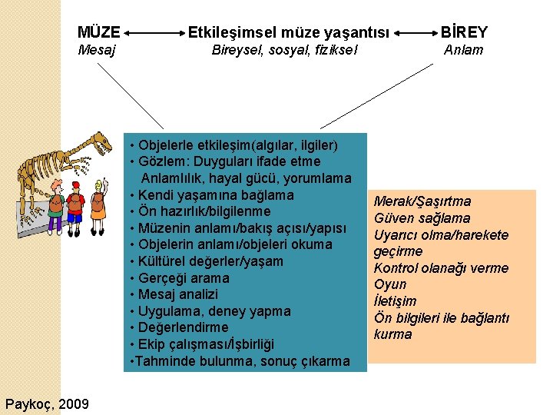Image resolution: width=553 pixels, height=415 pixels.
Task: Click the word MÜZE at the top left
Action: [x=99, y=33]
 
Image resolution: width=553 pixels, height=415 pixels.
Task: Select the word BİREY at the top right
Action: [x=463, y=33]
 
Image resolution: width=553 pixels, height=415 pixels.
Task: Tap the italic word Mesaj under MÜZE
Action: [x=98, y=51]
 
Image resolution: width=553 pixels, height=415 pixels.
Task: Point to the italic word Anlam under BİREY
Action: [x=464, y=51]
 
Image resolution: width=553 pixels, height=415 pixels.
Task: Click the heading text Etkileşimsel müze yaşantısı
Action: [x=290, y=33]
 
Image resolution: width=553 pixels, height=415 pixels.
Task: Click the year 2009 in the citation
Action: [x=73, y=404]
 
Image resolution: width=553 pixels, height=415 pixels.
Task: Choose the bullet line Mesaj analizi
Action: [x=177, y=294]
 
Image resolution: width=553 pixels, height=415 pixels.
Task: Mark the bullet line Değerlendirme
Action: [x=183, y=327]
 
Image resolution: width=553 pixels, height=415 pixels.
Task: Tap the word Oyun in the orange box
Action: [x=390, y=284]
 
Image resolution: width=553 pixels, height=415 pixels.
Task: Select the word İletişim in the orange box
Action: [x=396, y=301]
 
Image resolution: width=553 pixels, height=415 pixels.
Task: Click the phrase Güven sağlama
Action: [x=422, y=218]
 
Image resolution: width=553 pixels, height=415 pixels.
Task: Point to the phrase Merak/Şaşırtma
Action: [x=422, y=201]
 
